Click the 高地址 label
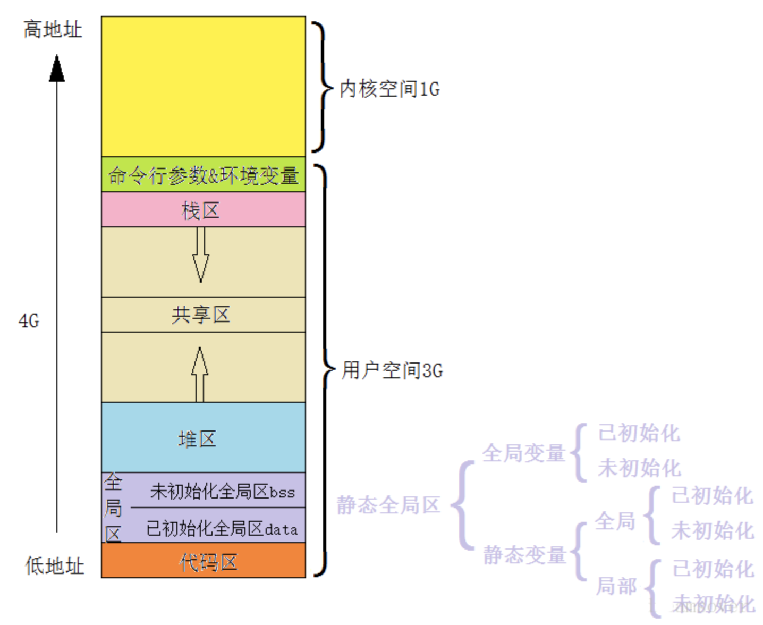[53, 30]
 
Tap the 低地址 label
[55, 565]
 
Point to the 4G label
[29, 321]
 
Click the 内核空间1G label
[389, 89]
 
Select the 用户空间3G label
[392, 370]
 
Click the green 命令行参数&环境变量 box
[204, 175]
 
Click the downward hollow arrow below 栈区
[200, 255]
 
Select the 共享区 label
[201, 315]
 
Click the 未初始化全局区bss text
[222, 492]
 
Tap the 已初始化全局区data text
[222, 529]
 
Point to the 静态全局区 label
[388, 505]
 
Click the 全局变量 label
[523, 453]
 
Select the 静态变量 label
[524, 555]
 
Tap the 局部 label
[616, 586]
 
